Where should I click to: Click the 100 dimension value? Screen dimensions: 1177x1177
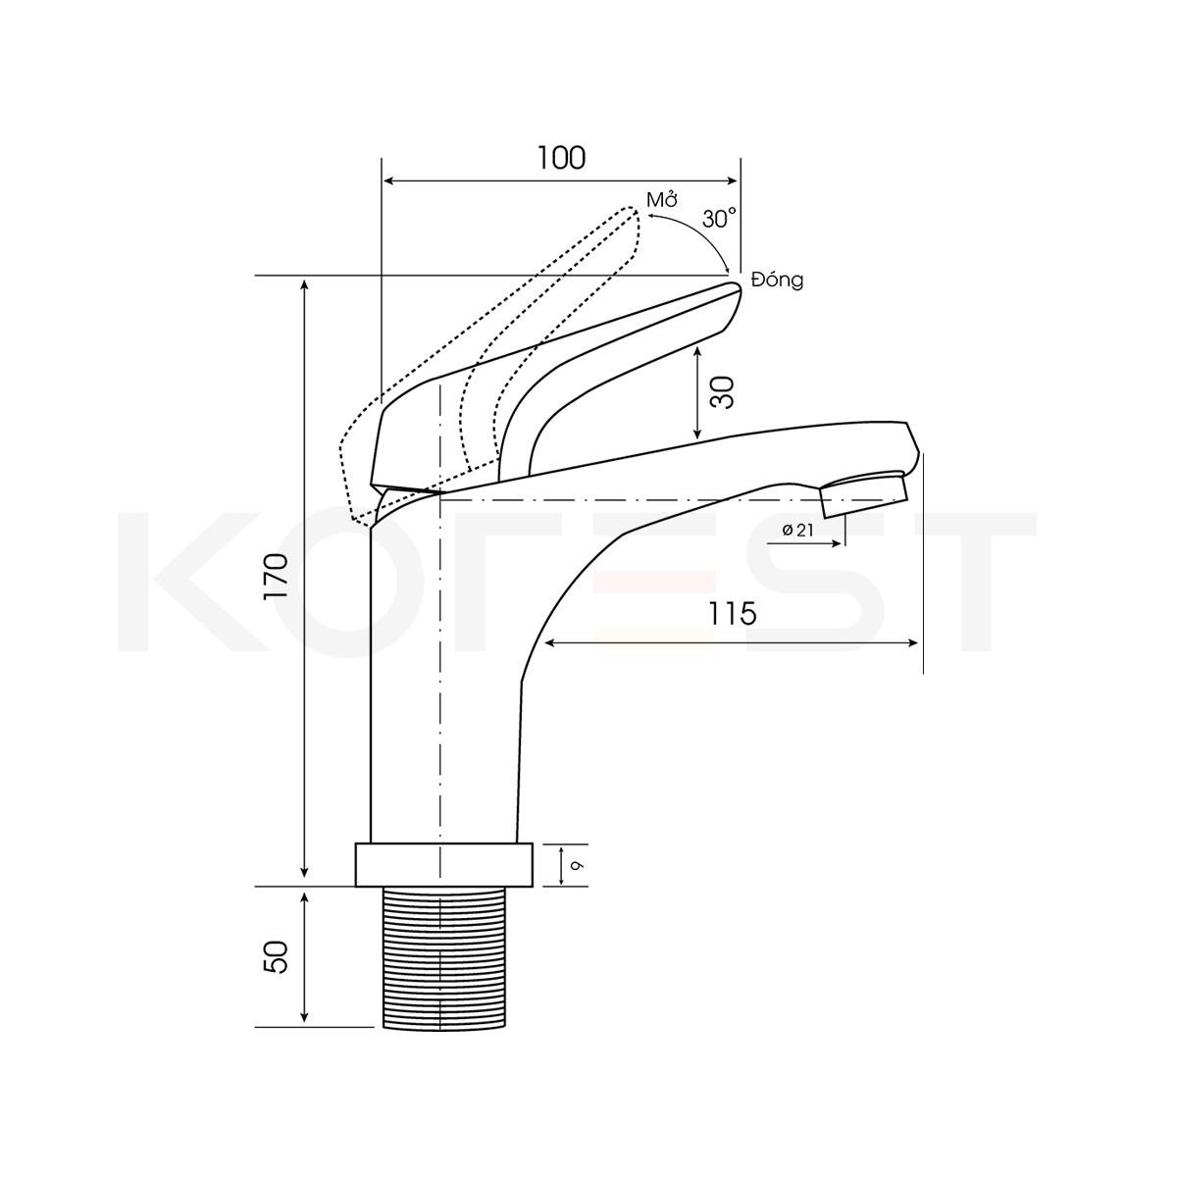(561, 158)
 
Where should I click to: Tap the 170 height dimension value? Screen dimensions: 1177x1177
(276, 576)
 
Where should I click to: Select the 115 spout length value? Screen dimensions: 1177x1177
(733, 613)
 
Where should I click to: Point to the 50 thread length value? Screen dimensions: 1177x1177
(276, 957)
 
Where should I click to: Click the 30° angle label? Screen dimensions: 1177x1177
(720, 219)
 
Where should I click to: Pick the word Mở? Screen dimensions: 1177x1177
(663, 199)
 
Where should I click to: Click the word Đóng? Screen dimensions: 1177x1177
(778, 280)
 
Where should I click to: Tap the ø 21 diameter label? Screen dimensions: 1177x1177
(798, 531)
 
